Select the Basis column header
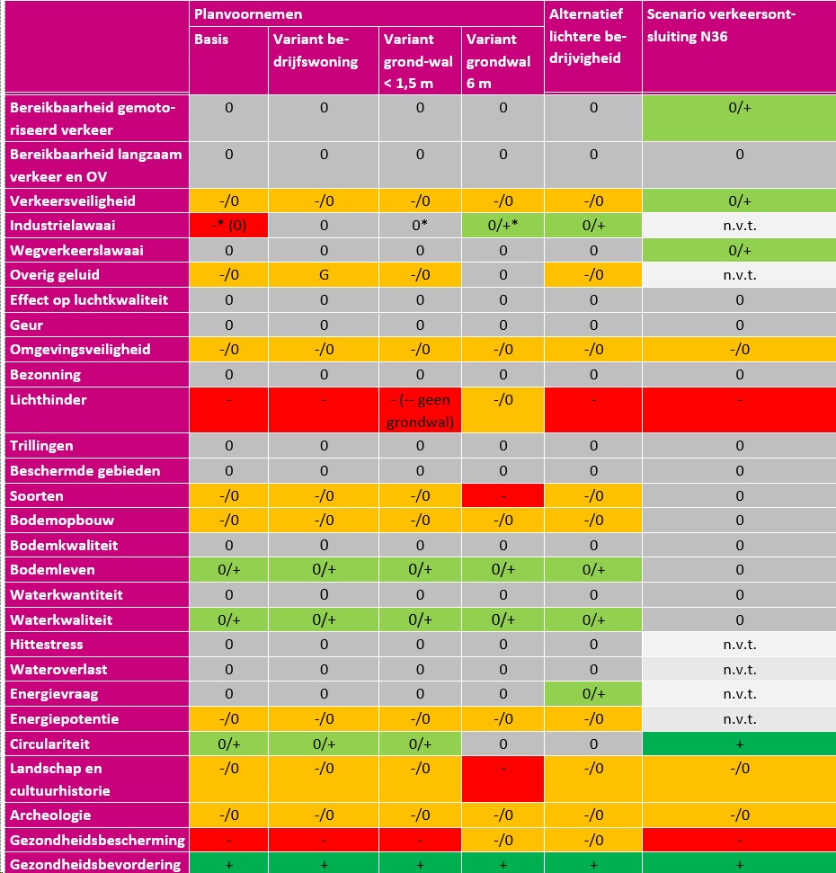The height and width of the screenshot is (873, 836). click(x=211, y=39)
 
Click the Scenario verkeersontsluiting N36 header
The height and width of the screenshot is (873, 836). click(x=721, y=25)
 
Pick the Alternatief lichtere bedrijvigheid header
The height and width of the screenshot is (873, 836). click(x=588, y=36)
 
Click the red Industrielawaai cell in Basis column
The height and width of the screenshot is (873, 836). click(x=228, y=226)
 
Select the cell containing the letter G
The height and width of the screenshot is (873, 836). click(x=324, y=274)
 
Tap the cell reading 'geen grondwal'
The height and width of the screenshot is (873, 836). click(x=420, y=410)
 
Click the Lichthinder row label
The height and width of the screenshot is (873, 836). click(x=49, y=400)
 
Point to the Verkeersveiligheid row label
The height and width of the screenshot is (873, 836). click(x=73, y=201)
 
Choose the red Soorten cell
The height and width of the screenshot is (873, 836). click(x=502, y=495)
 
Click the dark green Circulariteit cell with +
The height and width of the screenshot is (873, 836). click(x=739, y=744)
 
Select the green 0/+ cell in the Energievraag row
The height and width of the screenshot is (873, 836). click(x=593, y=694)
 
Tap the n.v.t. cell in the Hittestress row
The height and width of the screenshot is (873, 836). click(x=739, y=644)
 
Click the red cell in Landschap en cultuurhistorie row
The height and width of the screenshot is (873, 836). click(x=502, y=779)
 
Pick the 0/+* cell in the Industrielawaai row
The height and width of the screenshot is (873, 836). click(x=502, y=226)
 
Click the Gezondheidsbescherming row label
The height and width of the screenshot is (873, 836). click(x=97, y=840)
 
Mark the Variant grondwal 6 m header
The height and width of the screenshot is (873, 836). click(x=498, y=61)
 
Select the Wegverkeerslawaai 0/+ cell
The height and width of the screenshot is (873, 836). click(x=739, y=251)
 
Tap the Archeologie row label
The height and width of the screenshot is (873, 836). click(x=50, y=815)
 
